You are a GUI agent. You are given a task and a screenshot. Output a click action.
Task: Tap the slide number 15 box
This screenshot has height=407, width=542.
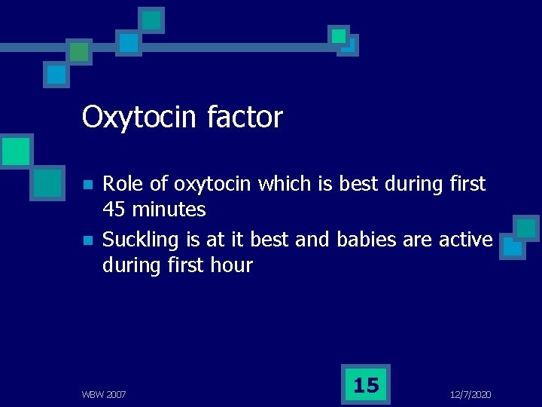tap(366, 385)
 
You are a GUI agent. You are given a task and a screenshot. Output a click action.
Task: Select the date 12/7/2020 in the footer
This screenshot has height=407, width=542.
tap(470, 394)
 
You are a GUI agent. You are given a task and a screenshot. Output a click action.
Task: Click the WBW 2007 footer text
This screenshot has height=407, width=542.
tap(104, 394)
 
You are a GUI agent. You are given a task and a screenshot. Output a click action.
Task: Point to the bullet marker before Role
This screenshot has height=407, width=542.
tap(87, 185)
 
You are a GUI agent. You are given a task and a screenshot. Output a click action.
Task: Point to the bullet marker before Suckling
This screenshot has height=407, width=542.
tap(87, 241)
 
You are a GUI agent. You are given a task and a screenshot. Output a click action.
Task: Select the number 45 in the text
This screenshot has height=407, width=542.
tap(115, 209)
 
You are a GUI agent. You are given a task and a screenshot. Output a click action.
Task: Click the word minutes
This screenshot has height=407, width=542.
tap(169, 209)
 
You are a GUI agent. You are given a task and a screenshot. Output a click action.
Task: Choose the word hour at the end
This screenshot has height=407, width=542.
tap(232, 265)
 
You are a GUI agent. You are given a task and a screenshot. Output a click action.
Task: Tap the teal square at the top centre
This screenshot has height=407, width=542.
tap(151, 20)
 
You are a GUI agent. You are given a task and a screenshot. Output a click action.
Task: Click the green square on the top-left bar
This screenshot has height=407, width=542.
tap(78, 51)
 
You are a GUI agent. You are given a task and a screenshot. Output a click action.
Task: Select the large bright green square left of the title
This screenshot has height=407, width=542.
tap(15, 151)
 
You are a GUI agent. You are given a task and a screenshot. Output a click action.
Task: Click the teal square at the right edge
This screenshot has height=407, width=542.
tap(525, 228)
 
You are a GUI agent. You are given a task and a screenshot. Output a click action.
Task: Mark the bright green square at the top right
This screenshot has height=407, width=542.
tap(339, 35)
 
